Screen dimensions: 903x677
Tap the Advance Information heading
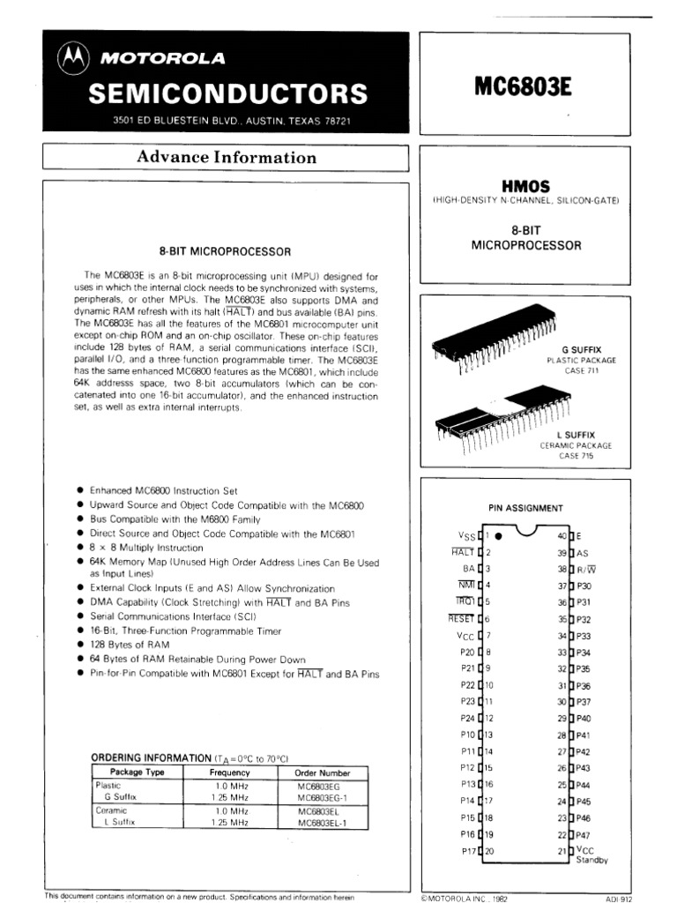pyautogui.click(x=226, y=158)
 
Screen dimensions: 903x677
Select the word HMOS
pyautogui.click(x=525, y=187)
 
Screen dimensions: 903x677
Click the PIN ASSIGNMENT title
pyautogui.click(x=526, y=508)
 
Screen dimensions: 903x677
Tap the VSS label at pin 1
pyautogui.click(x=465, y=535)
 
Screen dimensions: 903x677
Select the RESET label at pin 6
pyautogui.click(x=461, y=619)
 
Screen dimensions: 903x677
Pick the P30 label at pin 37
pyautogui.click(x=584, y=586)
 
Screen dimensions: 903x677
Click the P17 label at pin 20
pyautogui.click(x=467, y=850)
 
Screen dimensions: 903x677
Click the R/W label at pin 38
pyautogui.click(x=585, y=569)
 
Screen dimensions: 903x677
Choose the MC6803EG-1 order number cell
pyautogui.click(x=323, y=796)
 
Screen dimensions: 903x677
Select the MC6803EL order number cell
pyautogui.click(x=318, y=810)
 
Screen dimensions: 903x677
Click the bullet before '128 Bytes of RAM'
pyautogui.click(x=81, y=646)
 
